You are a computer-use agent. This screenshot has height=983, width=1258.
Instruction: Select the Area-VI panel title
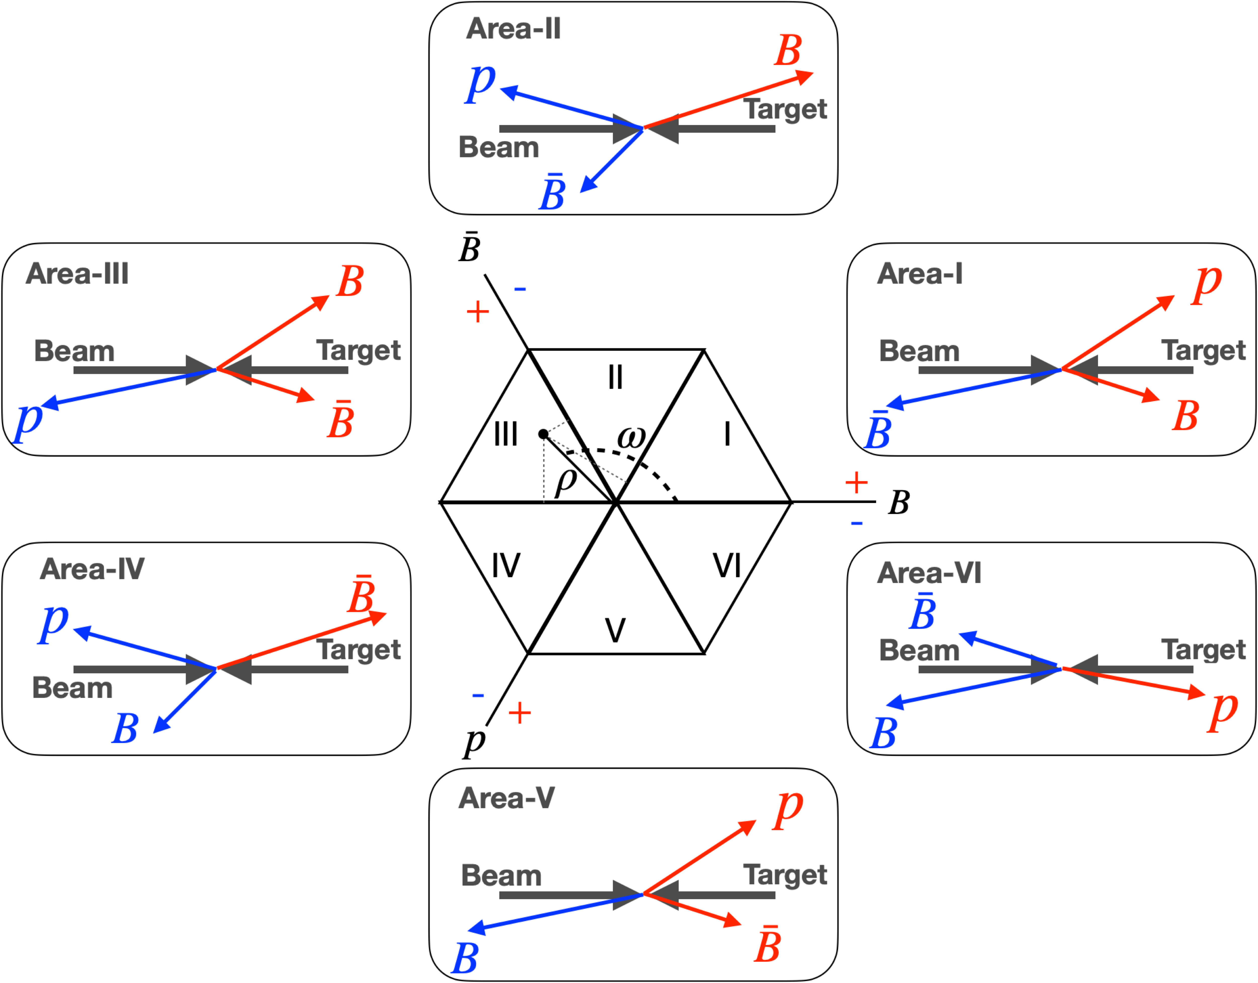[x=928, y=573]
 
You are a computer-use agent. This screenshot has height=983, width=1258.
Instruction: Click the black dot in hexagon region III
[x=543, y=434]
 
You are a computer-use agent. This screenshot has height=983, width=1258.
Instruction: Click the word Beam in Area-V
[x=501, y=876]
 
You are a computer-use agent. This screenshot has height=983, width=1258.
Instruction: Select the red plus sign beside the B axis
[x=856, y=483]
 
